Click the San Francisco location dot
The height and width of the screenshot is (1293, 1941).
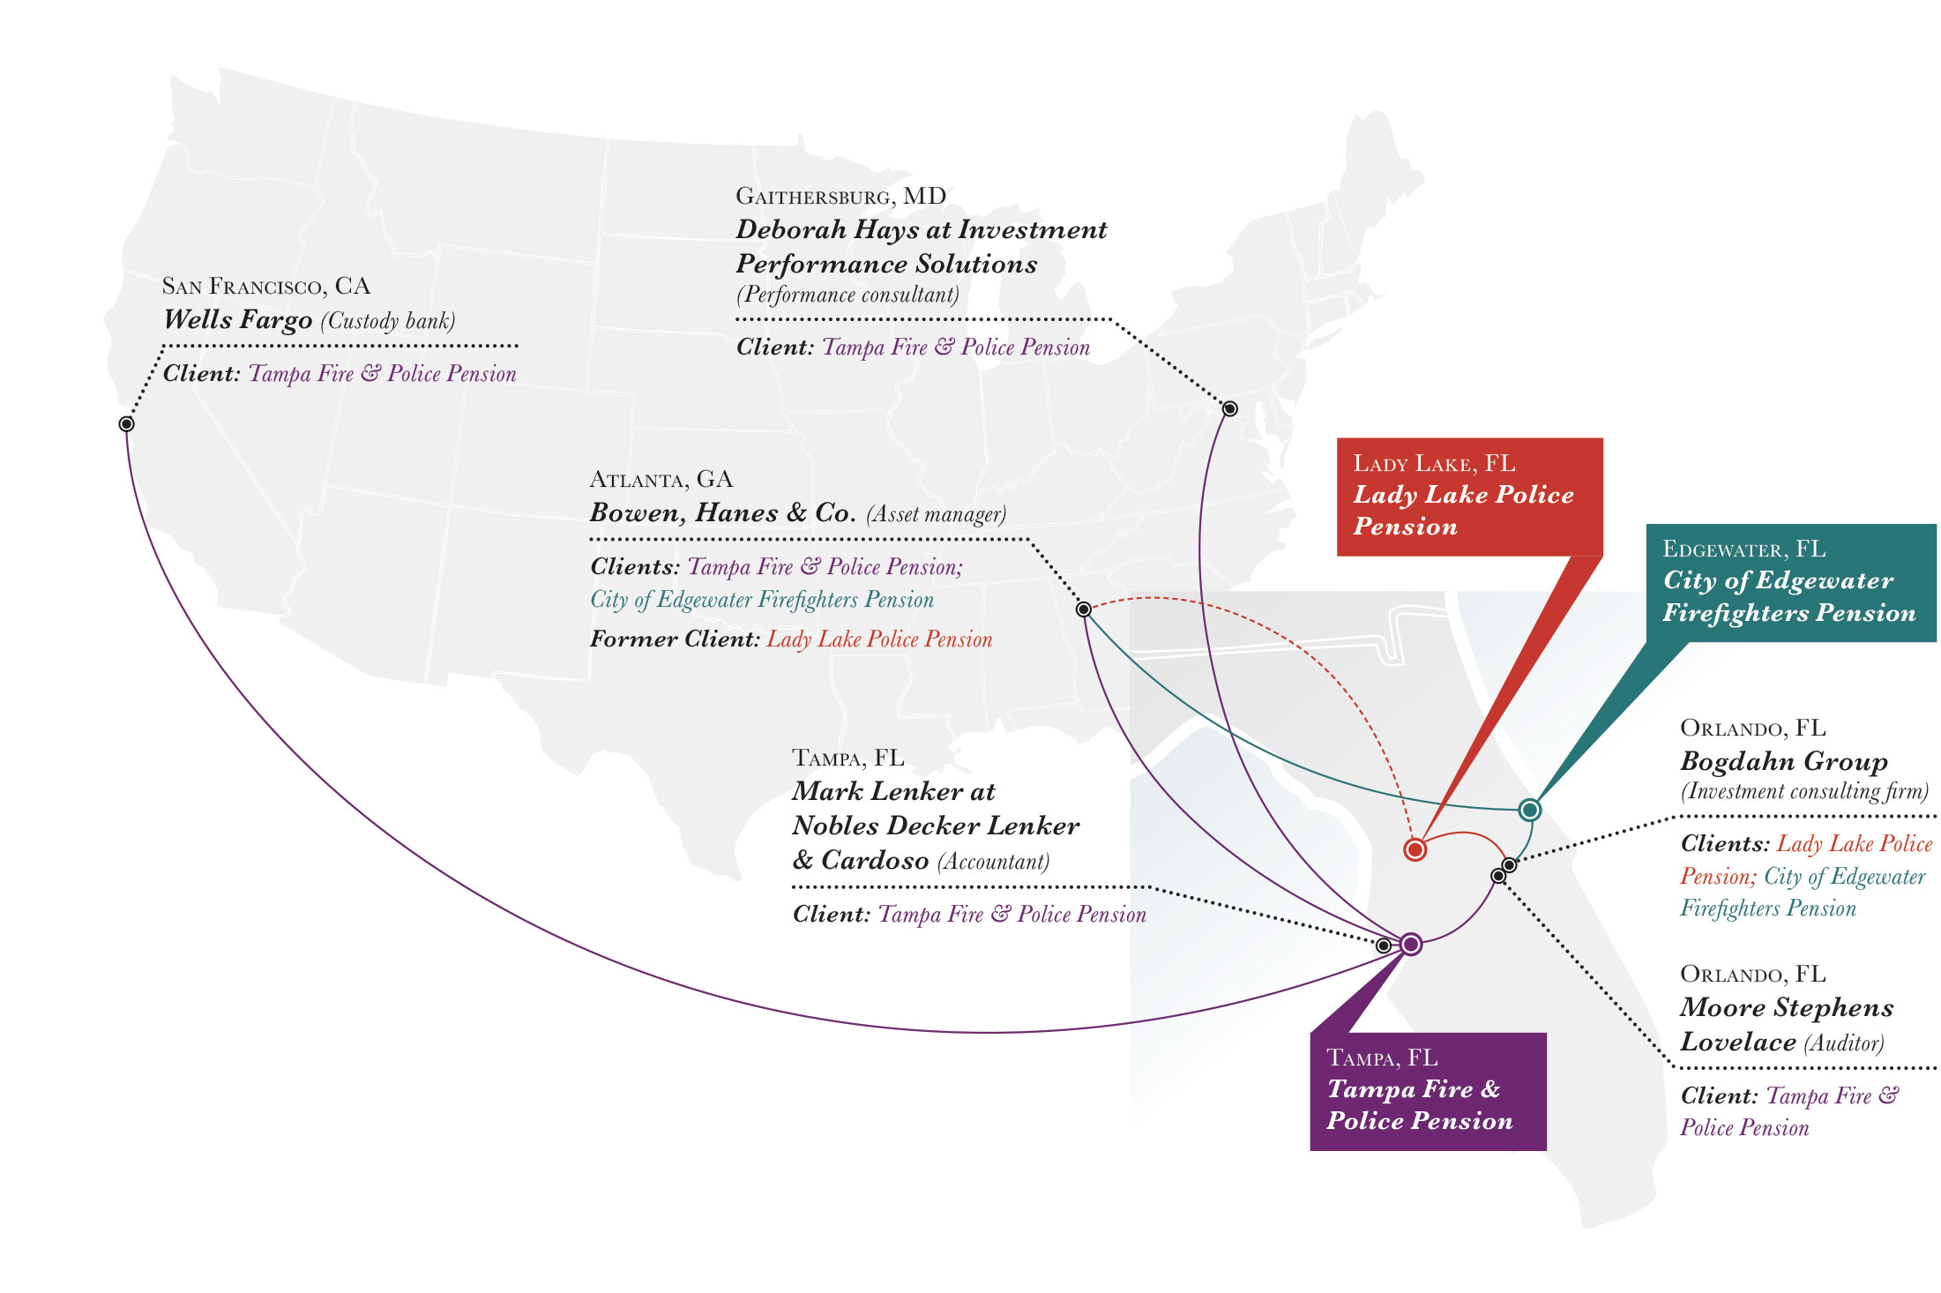126,424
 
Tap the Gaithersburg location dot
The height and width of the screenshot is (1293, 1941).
1229,408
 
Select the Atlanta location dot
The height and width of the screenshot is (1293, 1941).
1084,609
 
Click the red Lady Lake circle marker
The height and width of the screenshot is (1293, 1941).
1415,849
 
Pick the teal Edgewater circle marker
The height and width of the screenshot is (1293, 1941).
1530,810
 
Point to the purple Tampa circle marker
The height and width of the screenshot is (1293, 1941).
1411,944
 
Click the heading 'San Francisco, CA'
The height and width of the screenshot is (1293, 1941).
266,287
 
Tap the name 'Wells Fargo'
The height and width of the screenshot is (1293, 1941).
238,319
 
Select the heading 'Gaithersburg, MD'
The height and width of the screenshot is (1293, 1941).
840,197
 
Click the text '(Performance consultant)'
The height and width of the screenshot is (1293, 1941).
847,295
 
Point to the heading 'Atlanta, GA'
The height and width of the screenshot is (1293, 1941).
661,480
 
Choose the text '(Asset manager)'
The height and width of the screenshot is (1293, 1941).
936,514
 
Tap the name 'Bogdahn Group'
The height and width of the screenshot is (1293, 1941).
1783,761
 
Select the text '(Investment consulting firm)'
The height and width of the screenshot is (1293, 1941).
1804,791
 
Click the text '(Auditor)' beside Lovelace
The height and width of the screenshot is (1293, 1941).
1843,1043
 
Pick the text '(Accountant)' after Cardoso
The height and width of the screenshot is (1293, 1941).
993,861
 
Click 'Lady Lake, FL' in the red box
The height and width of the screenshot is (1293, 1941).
1434,464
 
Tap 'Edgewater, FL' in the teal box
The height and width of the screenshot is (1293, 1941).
1743,549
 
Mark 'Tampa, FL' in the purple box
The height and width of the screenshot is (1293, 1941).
1382,1058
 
